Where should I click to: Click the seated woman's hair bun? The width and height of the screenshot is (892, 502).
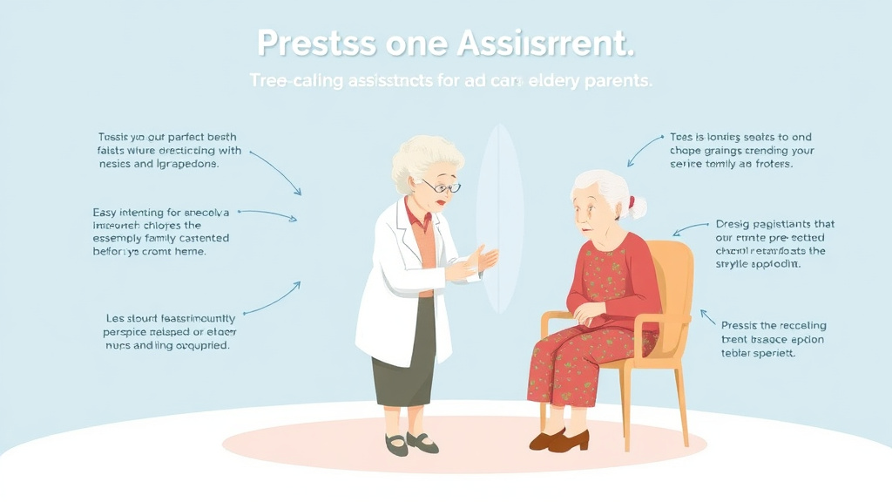click(x=638, y=207)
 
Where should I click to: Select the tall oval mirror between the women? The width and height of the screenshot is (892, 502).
click(x=500, y=218)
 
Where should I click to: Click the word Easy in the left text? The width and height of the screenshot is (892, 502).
click(x=106, y=213)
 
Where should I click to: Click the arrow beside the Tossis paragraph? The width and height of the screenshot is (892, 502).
click(x=277, y=170)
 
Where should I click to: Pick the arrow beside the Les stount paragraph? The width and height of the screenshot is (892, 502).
click(x=273, y=298)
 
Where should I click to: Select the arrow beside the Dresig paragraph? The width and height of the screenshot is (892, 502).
click(x=689, y=229)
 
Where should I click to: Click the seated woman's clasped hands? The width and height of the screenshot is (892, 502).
click(x=591, y=311)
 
